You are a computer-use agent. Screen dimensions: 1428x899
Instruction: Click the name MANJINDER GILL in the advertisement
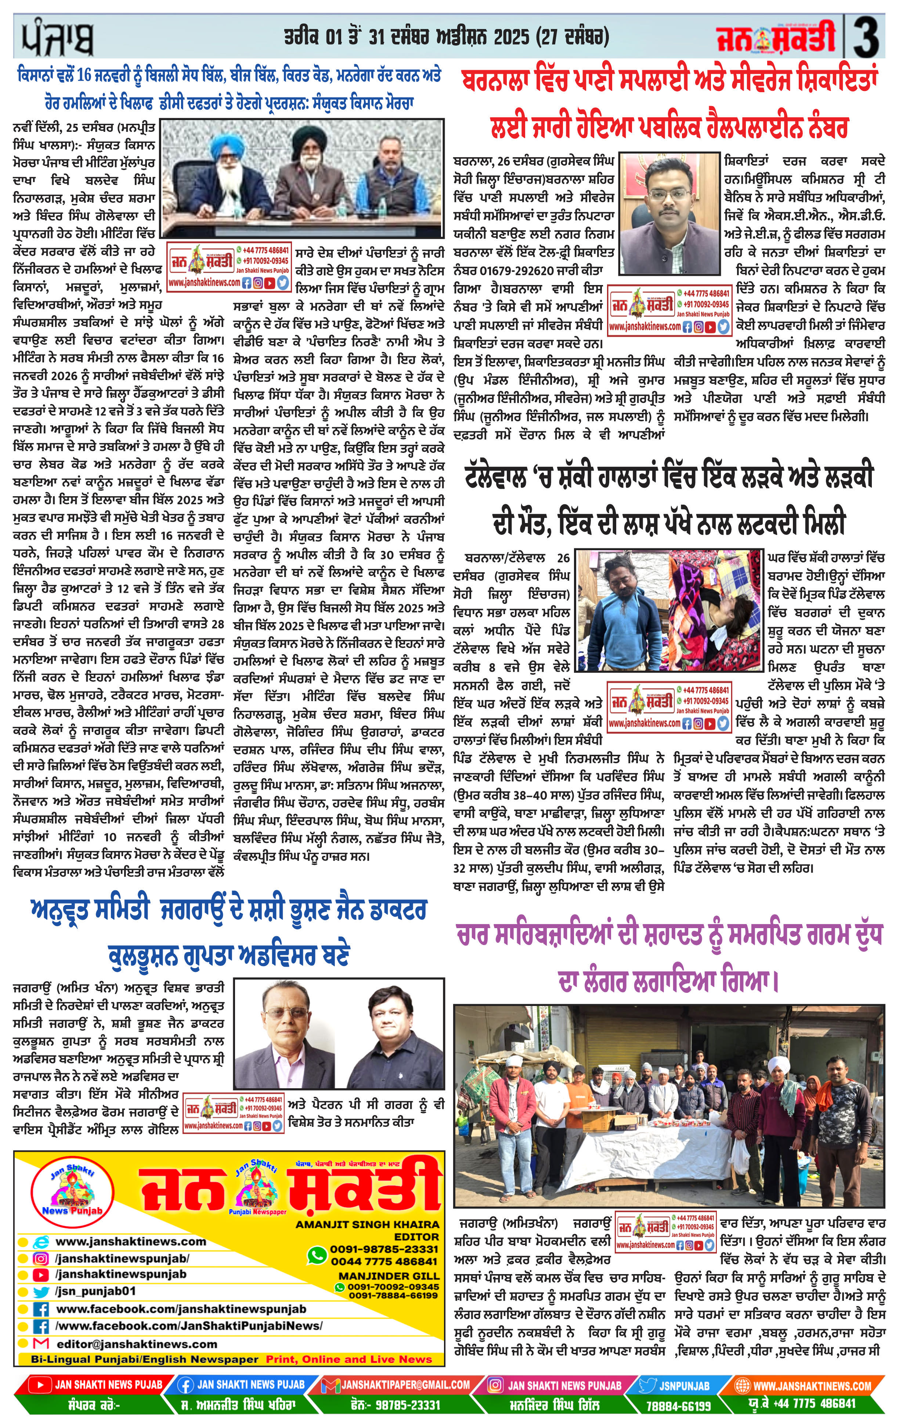point(389,1275)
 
